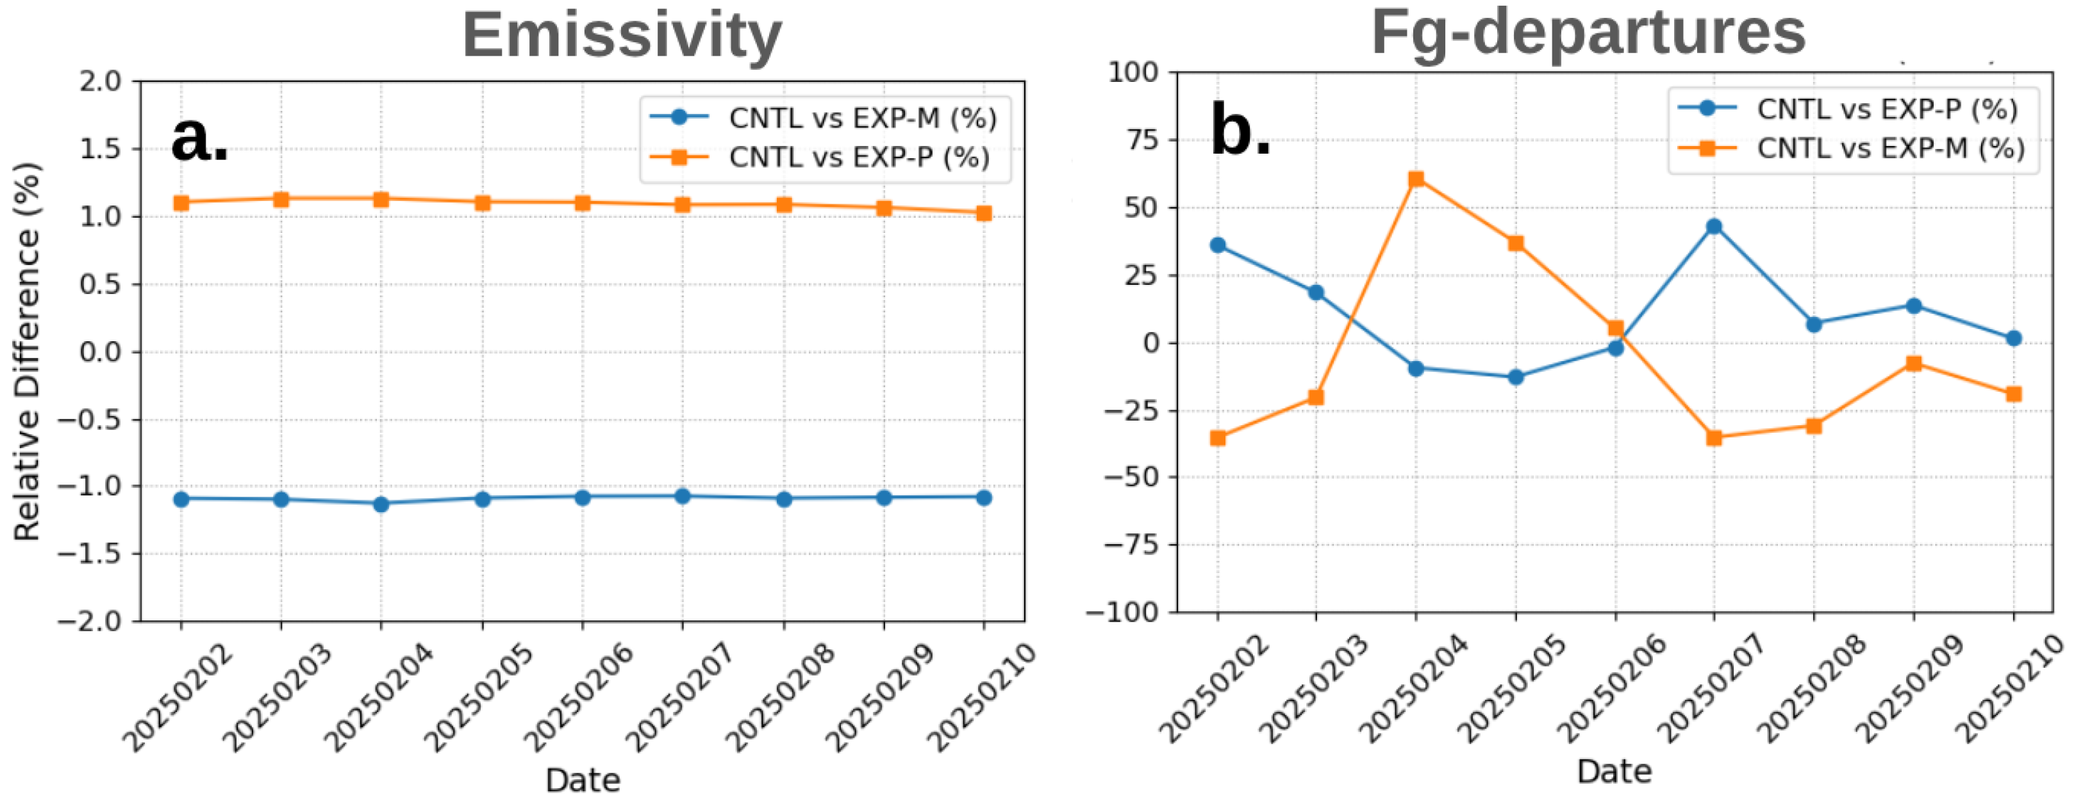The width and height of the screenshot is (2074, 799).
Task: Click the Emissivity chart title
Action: point(622,35)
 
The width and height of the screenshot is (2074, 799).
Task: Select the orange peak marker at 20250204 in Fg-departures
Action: point(1416,179)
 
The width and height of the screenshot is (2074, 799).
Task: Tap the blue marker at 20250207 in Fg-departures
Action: point(1714,226)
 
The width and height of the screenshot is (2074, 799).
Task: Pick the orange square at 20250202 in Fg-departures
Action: point(1217,438)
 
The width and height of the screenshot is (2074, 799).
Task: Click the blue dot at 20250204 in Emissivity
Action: point(381,504)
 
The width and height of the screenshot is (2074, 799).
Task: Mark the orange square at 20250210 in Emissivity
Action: point(983,213)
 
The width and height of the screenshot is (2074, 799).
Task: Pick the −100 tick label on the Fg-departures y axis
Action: point(1122,612)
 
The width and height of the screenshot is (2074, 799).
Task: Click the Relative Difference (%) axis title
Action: point(26,351)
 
